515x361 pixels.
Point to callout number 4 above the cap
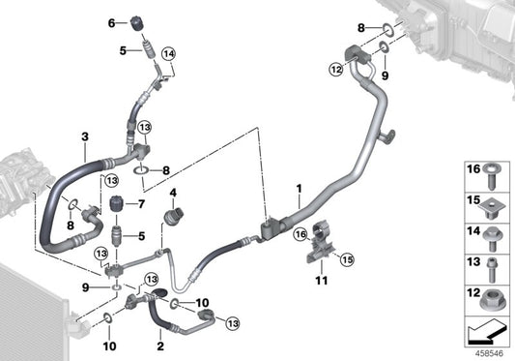[x=174, y=192]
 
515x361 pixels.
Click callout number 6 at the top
[x=110, y=22]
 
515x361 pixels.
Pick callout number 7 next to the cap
[x=141, y=203]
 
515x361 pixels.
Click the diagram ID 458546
[x=491, y=352]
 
